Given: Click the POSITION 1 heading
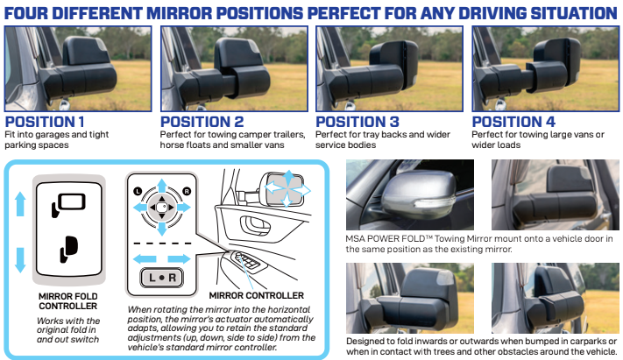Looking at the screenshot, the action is click(x=45, y=122).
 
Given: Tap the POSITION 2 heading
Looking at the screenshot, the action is click(x=202, y=122).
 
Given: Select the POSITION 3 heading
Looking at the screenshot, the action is click(x=358, y=122).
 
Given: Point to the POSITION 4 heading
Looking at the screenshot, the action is click(x=513, y=122).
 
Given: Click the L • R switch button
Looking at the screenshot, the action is click(x=162, y=278).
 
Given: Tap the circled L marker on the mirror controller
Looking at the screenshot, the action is click(x=138, y=191).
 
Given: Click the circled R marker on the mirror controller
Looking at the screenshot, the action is click(x=187, y=191).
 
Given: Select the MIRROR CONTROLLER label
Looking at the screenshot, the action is click(x=256, y=296).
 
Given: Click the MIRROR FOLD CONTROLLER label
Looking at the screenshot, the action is click(x=68, y=301).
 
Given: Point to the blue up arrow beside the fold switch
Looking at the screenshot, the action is click(x=20, y=204).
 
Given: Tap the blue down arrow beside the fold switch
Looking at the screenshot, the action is click(x=20, y=260).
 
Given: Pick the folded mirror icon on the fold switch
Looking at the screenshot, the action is click(x=68, y=249).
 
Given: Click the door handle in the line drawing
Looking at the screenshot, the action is click(x=255, y=225).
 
